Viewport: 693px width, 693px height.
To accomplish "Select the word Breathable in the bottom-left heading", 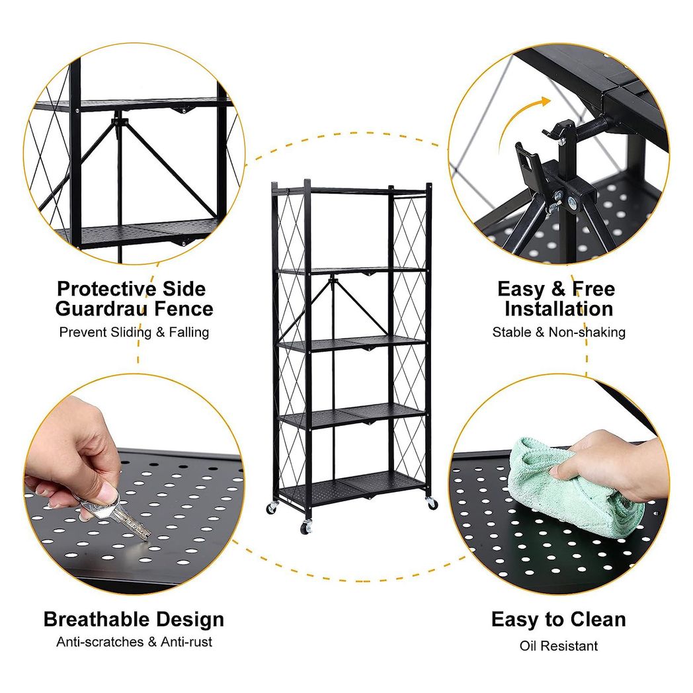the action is [94, 619].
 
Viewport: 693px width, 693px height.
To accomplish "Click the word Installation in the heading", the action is [559, 309].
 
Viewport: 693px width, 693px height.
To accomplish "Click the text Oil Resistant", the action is [559, 645].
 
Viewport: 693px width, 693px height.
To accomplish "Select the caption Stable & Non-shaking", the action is [559, 332].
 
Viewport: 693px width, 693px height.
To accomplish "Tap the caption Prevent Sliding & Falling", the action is [134, 332].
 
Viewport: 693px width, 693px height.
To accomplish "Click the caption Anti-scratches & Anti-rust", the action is [134, 641].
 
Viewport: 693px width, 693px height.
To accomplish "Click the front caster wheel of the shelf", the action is [306, 527].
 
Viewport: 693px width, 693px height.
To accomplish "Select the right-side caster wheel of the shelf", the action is [431, 503].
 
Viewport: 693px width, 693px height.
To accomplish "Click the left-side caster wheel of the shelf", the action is [271, 509].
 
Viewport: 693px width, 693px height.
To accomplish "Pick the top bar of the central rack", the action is [351, 190].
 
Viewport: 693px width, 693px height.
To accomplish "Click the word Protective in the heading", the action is [106, 289].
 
